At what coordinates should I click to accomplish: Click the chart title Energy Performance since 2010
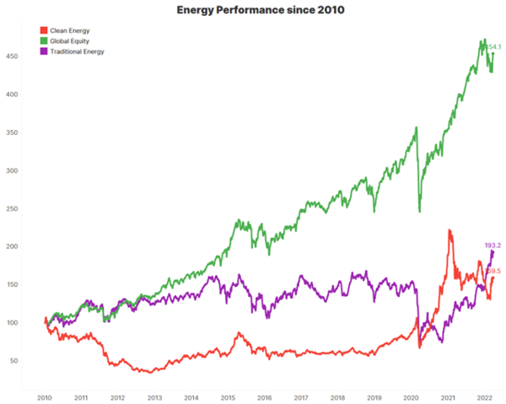tap(252, 10)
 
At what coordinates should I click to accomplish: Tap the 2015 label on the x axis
tap(228, 395)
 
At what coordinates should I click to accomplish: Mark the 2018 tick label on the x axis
tap(337, 395)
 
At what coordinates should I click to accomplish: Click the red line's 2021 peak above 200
tap(449, 229)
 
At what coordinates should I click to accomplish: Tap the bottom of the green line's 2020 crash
tap(419, 211)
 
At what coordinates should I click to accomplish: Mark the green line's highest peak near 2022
tap(483, 40)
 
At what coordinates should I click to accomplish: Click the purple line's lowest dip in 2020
tap(439, 341)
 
